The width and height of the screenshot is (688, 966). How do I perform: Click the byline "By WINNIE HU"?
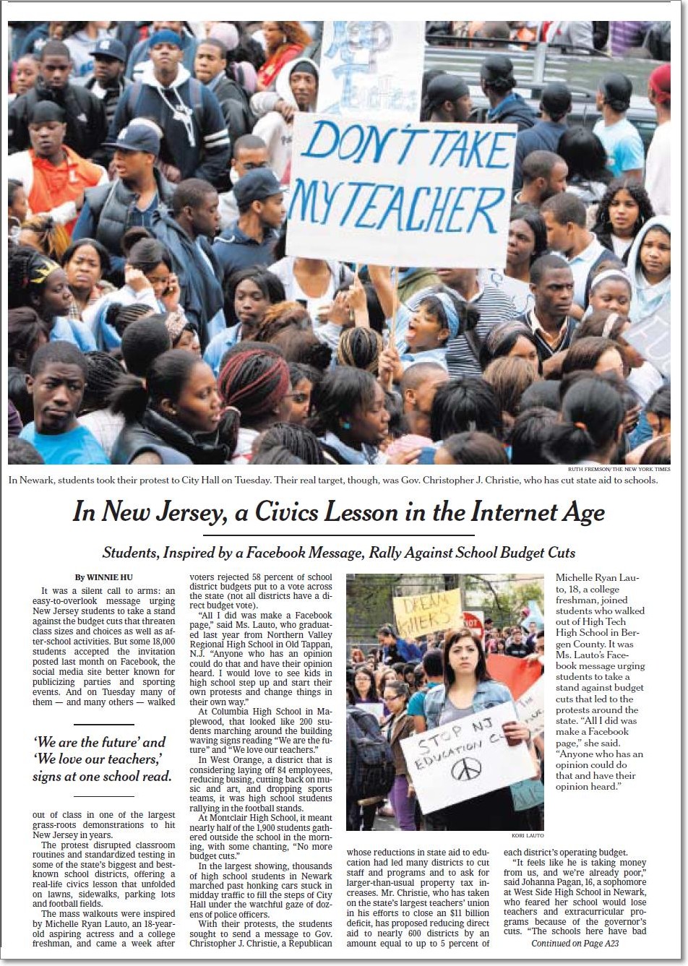pyautogui.click(x=100, y=577)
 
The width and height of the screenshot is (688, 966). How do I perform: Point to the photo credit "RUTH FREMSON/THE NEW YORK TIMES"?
pyautogui.click(x=618, y=469)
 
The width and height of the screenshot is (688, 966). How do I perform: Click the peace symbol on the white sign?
pyautogui.click(x=466, y=769)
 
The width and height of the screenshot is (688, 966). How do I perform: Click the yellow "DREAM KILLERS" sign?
pyautogui.click(x=427, y=612)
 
